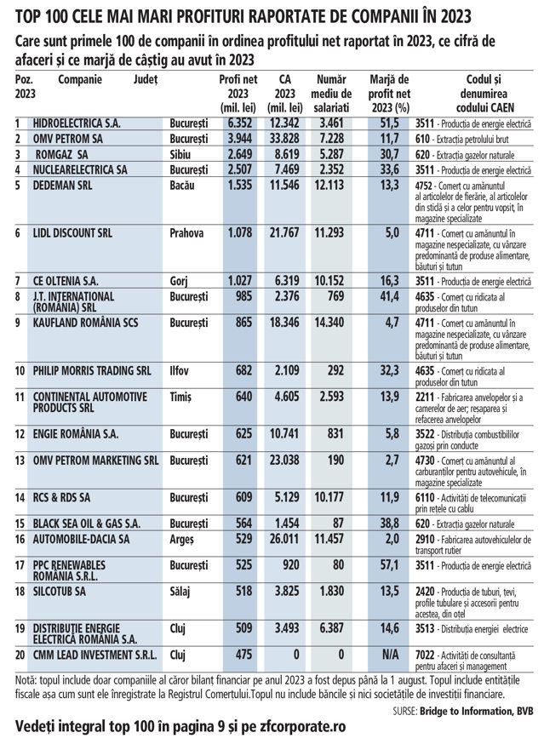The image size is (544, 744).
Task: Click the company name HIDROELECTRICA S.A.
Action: point(75,123)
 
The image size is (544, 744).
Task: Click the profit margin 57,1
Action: point(389,565)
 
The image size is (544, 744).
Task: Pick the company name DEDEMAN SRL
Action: point(66,185)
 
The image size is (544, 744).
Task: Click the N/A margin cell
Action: point(391,656)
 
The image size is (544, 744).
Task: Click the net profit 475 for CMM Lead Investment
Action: point(243,656)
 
